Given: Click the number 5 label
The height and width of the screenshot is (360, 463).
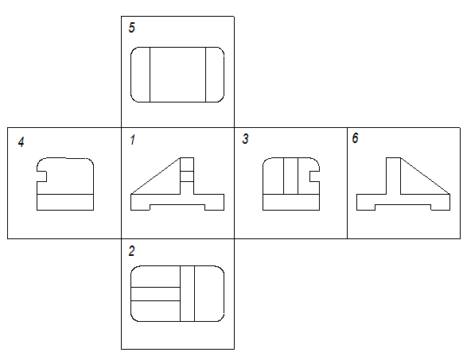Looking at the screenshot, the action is (132, 28).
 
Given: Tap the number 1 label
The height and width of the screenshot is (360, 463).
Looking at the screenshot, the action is (132, 140).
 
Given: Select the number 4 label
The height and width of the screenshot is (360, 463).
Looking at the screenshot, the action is (21, 142).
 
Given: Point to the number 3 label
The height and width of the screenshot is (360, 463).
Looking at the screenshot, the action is (245, 139).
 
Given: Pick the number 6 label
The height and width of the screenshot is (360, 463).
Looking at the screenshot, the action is (356, 137).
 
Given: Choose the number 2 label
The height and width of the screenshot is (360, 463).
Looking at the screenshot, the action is (132, 251).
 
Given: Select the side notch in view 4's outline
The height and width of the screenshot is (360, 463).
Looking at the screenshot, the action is (41, 176).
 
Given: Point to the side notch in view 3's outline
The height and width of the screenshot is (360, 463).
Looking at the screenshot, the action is (314, 176).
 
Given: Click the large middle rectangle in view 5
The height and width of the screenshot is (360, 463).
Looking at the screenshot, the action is (177, 75).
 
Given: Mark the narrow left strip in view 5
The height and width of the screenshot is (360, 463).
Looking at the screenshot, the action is (141, 75).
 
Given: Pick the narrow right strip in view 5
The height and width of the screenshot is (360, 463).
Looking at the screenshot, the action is (215, 75).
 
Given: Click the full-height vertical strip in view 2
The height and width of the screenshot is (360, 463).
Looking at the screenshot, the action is (187, 293).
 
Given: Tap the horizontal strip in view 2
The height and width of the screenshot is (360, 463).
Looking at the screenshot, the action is (155, 294).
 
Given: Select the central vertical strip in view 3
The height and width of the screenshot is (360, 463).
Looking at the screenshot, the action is (291, 176).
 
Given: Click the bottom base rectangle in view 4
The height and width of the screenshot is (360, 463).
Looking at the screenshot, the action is (65, 202).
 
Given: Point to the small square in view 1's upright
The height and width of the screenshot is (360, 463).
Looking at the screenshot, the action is (187, 176).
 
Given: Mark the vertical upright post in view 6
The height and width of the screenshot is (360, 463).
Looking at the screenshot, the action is (393, 176).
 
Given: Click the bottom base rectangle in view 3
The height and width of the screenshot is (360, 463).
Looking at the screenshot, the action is (291, 202).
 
